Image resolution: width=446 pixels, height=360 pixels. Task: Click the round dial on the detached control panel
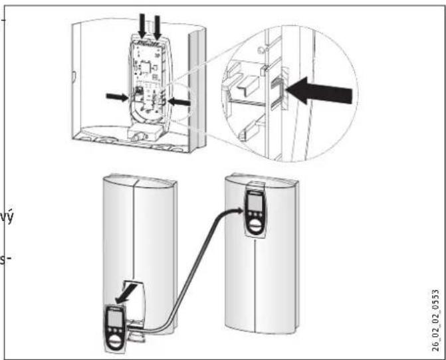[x=114, y=339]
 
